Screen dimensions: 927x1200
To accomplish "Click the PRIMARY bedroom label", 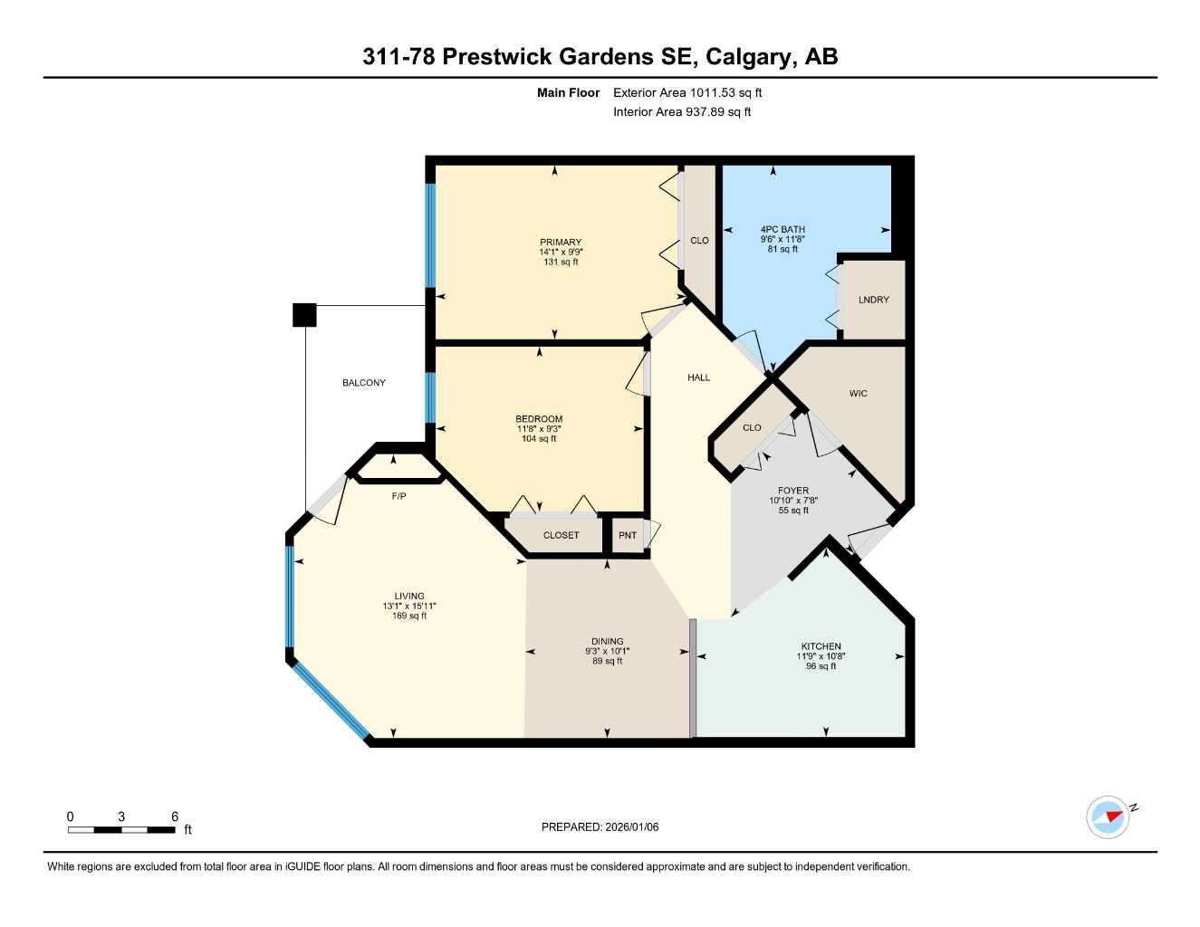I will coord(561,242).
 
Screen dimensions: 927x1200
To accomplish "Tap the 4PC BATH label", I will coord(782,229).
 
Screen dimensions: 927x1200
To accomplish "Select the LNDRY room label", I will coord(873,300).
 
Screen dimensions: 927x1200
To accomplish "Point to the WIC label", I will coord(858,394).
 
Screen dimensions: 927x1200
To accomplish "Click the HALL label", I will coord(698,377).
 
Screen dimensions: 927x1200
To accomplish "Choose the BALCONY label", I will coord(363,383).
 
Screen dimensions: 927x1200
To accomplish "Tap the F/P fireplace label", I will coord(398,496).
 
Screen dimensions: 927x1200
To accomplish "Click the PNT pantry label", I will coord(627,535).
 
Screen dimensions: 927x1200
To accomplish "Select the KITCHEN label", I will coord(821,646).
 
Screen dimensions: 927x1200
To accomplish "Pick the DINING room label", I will coord(607,642).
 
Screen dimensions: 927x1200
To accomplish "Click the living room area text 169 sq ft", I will coord(409,616).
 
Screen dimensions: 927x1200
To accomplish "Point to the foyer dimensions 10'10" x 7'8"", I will coord(793,501).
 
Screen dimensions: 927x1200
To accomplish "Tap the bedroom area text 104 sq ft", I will coord(539,439).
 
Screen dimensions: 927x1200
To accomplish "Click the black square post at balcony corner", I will coord(304,314).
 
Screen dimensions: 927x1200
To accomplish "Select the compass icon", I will coord(1107,817).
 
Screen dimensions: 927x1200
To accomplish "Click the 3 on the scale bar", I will coord(121,817).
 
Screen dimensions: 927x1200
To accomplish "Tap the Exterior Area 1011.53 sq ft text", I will coord(687,92).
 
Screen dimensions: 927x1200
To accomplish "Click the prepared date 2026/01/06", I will coord(631,827).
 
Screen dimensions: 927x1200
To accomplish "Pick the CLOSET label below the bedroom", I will coord(561,535).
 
